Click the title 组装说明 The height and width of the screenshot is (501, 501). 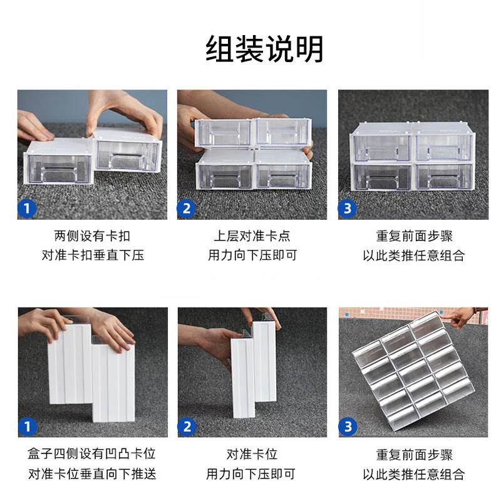click(x=264, y=49)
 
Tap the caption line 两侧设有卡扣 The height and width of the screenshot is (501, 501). click(x=92, y=236)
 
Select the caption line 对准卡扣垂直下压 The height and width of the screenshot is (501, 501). click(x=92, y=256)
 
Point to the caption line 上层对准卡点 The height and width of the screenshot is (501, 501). click(x=252, y=236)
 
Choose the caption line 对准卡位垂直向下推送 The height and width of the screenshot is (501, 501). click(x=92, y=473)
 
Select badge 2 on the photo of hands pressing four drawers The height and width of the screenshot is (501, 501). click(x=187, y=208)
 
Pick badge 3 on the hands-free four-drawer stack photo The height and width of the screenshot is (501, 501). click(x=348, y=208)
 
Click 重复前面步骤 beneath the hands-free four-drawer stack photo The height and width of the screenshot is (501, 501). click(x=413, y=236)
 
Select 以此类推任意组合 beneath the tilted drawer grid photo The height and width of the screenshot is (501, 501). click(x=413, y=473)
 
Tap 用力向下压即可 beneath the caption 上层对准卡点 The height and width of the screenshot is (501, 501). click(x=252, y=256)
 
